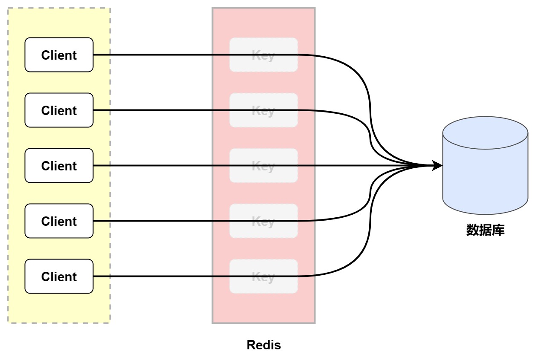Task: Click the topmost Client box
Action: point(59,55)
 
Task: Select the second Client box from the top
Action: point(59,110)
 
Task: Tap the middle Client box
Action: point(59,166)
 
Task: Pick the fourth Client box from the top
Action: point(59,221)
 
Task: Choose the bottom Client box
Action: point(59,276)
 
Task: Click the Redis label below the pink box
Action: point(263,345)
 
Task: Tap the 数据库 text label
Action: point(485,230)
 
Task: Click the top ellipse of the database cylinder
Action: point(485,133)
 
